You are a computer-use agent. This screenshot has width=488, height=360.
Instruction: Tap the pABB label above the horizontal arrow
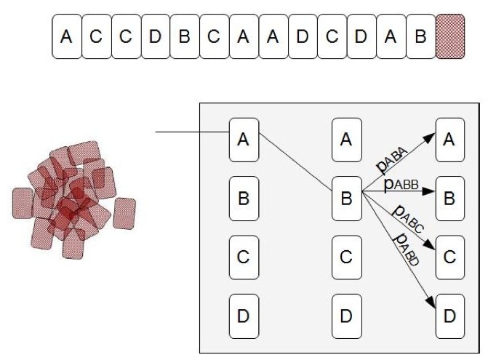401,184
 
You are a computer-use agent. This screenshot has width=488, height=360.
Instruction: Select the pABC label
408,218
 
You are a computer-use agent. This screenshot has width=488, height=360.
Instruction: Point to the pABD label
407,249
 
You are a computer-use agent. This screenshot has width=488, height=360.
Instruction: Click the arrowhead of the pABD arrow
431,303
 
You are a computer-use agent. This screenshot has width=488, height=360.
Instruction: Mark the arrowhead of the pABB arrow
429,191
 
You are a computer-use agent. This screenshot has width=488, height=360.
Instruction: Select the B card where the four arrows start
347,199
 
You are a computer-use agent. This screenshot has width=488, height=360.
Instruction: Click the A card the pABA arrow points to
450,140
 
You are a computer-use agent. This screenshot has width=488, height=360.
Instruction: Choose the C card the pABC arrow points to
450,257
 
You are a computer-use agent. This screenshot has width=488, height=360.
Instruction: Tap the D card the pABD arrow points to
450,316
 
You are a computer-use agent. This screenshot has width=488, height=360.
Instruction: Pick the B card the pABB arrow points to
450,199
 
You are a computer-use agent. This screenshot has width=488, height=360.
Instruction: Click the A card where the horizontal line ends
244,140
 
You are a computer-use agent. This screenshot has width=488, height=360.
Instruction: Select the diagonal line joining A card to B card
295,161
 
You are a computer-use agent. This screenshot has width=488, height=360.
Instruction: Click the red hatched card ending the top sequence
450,36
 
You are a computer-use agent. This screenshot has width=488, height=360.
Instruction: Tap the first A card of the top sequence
67,36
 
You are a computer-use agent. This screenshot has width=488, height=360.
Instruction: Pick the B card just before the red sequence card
421,36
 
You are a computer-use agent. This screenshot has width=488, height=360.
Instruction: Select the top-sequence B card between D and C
185,36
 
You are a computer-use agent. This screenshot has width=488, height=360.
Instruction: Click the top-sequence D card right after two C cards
156,36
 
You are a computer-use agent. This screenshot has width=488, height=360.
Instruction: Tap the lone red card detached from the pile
124,213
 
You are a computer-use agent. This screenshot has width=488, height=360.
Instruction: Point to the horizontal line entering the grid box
192,132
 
